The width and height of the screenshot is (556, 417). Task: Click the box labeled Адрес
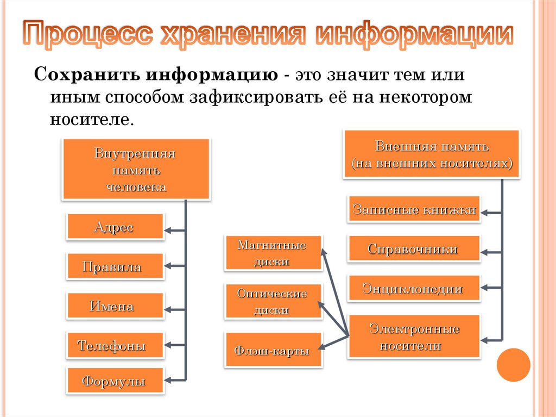coord(115,227)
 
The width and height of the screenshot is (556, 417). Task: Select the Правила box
coord(115,266)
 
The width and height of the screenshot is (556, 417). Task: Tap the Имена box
coord(115,306)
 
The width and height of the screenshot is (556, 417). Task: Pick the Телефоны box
coord(115,345)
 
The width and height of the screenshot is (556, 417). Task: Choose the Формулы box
coord(115,381)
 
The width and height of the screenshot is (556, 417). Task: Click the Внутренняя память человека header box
coord(136,169)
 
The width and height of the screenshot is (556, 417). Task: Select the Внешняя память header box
coord(431,154)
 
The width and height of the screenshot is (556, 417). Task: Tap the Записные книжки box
coord(414,209)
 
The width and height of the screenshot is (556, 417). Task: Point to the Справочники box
coord(414,249)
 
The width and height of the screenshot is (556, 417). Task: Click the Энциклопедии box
coord(414,289)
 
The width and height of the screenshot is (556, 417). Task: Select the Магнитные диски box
coord(273,253)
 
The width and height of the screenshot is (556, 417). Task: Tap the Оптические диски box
coord(273,302)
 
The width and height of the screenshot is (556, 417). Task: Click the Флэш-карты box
coord(273,351)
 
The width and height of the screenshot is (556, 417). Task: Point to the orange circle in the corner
coord(513,365)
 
